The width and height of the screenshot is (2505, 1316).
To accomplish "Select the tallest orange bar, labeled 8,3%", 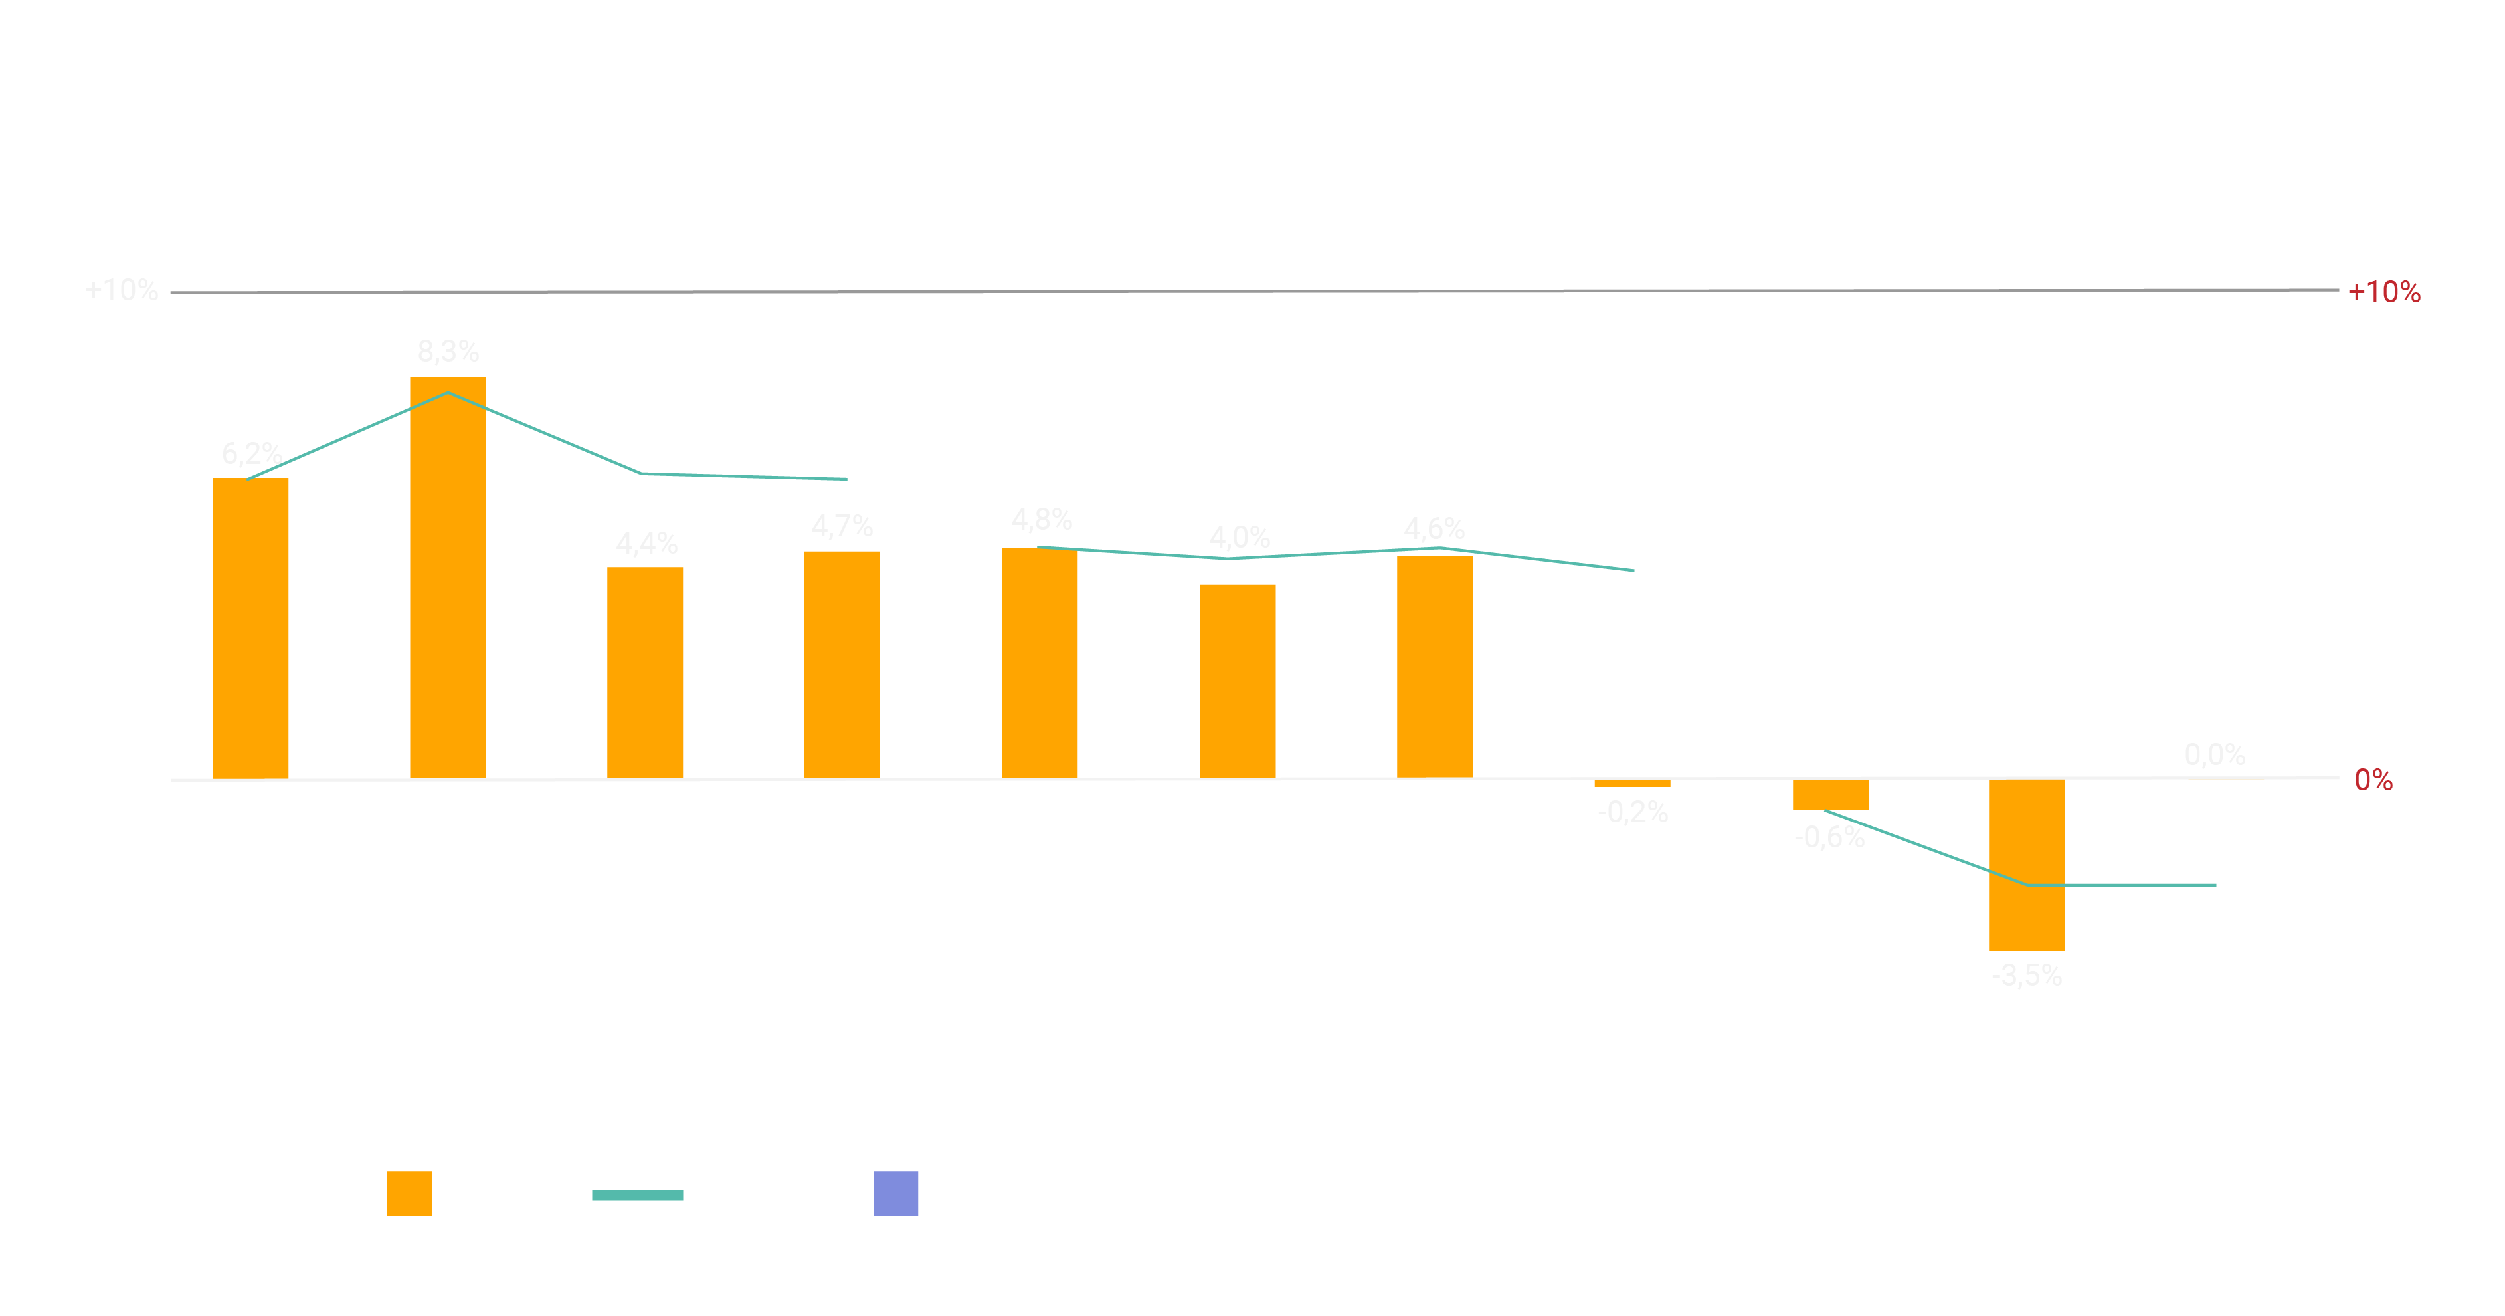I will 447,577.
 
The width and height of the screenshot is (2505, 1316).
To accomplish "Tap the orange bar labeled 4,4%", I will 645,672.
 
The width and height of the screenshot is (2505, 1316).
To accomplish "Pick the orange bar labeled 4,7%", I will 842,665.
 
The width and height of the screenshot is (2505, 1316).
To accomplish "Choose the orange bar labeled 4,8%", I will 1040,663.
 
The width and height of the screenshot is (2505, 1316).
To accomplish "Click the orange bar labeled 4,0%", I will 1237,681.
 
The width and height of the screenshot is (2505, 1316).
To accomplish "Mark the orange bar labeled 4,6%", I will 1434,666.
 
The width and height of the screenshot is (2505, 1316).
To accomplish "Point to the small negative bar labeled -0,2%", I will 1631,783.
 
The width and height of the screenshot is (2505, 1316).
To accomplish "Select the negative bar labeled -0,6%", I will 1830,795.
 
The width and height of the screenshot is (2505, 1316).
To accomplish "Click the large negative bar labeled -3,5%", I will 2027,865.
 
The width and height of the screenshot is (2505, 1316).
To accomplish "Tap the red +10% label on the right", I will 2383,292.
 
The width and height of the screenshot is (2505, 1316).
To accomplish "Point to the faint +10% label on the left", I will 122,290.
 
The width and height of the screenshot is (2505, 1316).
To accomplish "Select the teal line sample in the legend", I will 637,1194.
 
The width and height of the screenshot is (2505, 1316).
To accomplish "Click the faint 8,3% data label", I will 447,351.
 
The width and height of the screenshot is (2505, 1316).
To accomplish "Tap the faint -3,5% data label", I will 2027,974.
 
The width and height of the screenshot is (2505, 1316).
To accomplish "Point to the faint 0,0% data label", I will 2214,754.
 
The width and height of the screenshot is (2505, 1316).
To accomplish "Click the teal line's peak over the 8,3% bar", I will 447,393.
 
